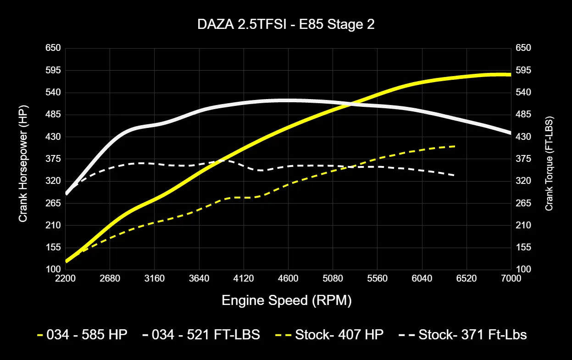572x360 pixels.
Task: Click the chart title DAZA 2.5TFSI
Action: (286, 25)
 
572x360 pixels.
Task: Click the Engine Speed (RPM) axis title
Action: (287, 300)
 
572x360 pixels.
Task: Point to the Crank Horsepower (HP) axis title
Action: (23, 163)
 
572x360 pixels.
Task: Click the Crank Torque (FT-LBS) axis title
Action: (549, 163)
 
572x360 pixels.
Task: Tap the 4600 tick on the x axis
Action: (288, 278)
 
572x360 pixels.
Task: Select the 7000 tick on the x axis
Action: (511, 278)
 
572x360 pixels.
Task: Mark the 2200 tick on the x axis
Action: (66, 278)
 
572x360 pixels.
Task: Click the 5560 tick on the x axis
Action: (377, 278)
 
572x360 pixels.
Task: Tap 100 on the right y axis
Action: (523, 269)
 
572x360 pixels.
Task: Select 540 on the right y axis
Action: (523, 92)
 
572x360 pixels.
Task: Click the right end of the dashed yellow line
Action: (455, 146)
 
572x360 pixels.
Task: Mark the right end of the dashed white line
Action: (454, 175)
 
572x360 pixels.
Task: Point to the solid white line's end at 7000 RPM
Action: (510, 133)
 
